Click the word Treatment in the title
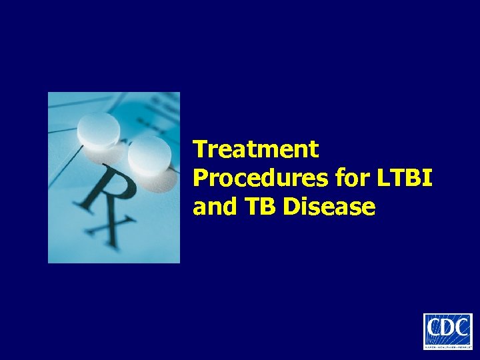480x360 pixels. [x=256, y=149]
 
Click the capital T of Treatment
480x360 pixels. [x=199, y=149]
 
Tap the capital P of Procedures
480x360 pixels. [x=200, y=178]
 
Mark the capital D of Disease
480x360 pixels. [x=291, y=207]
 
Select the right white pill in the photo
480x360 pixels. [x=149, y=156]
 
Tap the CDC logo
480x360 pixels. [x=447, y=331]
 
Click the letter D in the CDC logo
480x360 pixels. [x=447, y=329]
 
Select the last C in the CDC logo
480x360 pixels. [x=461, y=329]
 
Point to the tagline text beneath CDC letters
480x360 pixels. [x=447, y=344]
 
